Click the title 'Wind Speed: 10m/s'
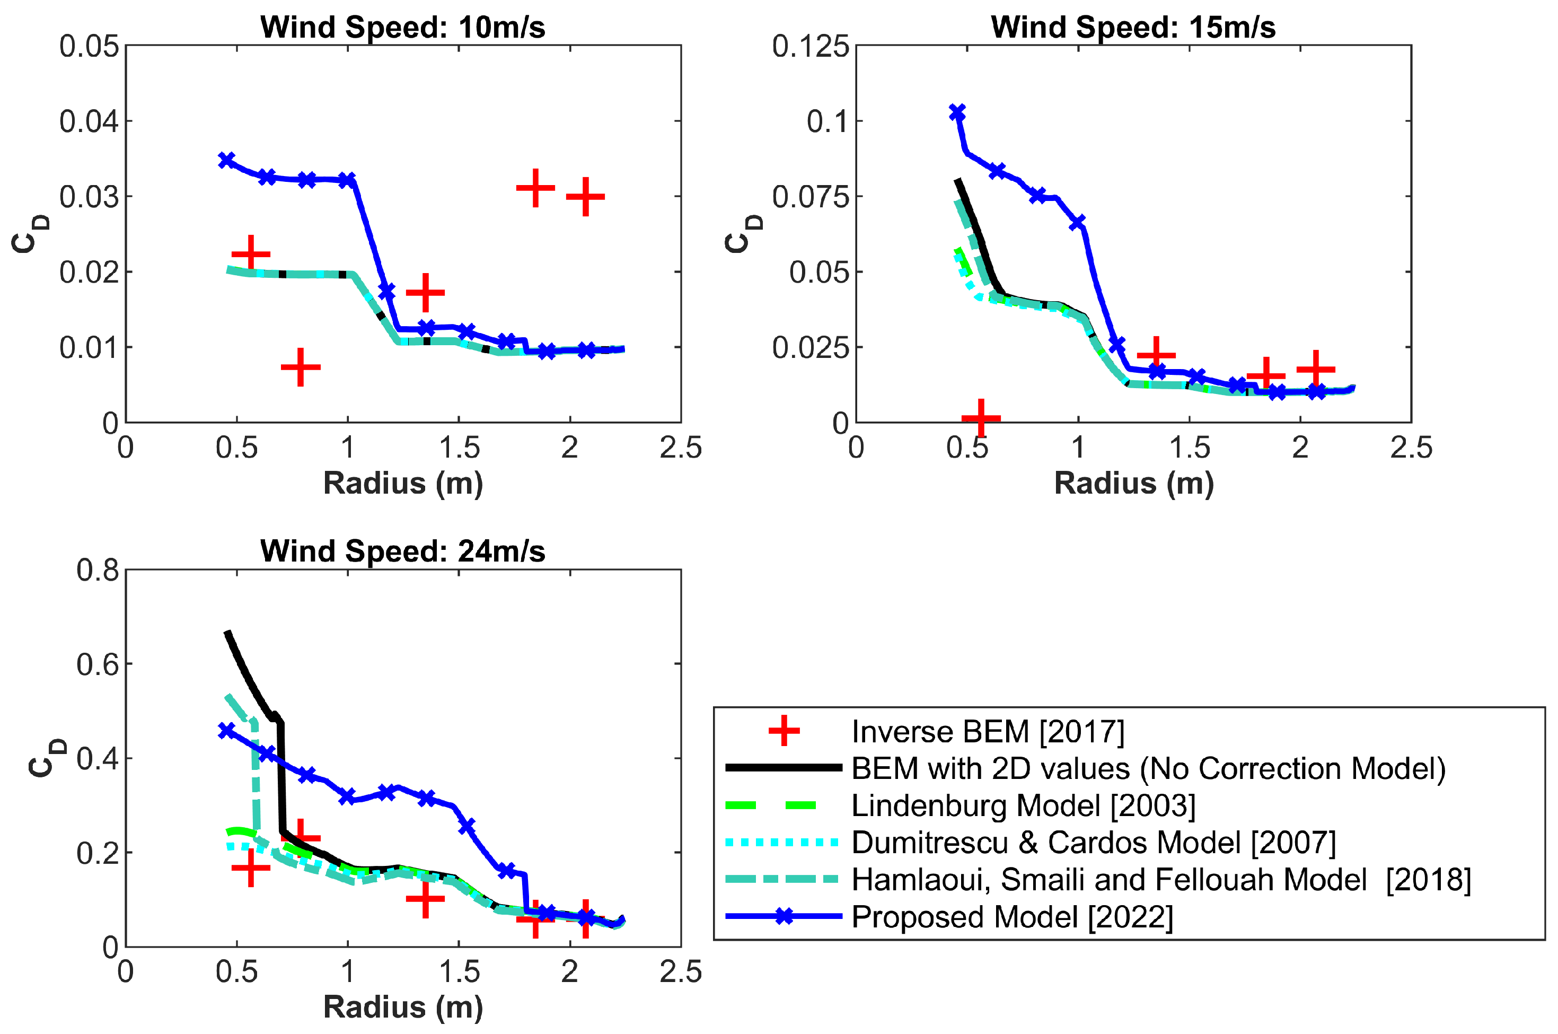[x=403, y=28]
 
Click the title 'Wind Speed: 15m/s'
[x=1133, y=28]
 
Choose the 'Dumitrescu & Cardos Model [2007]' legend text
[x=1094, y=842]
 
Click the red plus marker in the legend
[x=784, y=731]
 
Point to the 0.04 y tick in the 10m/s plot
[x=89, y=121]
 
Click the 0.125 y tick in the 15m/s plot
[x=810, y=46]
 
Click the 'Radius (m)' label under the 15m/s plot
[x=1133, y=484]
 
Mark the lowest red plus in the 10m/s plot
[x=301, y=367]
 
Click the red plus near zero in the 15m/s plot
[x=981, y=417]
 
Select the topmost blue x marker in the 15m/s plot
[x=957, y=112]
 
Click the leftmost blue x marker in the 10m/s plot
[x=227, y=160]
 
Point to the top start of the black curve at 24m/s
[x=228, y=634]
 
